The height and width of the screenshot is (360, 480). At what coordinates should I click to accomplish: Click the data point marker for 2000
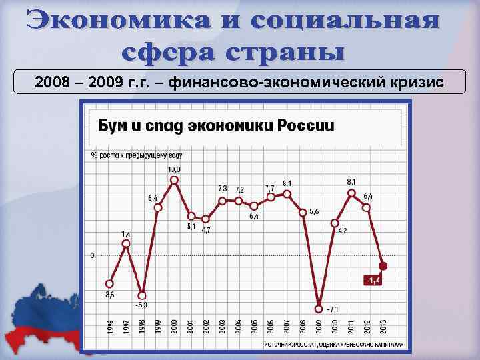click(174, 180)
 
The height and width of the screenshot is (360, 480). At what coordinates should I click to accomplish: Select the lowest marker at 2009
click(319, 308)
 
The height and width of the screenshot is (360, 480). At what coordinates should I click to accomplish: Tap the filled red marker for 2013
click(383, 267)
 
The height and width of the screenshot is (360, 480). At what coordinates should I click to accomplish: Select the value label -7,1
click(333, 309)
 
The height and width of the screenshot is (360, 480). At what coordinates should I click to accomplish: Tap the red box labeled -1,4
click(373, 280)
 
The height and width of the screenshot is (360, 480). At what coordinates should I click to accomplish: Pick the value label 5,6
click(314, 211)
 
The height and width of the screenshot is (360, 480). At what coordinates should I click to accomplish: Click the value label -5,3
click(142, 305)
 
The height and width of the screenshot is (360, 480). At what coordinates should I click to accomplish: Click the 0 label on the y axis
click(92, 255)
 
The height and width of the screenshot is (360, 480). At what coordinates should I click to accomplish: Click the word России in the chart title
click(300, 127)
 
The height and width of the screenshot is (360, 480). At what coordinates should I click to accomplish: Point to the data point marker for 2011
click(351, 193)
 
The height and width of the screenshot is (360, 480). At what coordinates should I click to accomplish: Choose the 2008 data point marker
click(303, 213)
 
